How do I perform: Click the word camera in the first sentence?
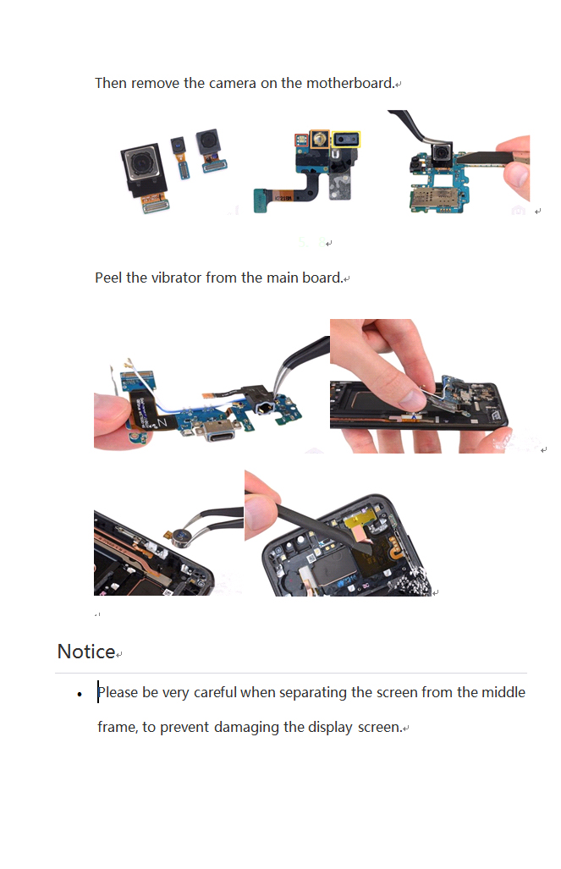tap(233, 83)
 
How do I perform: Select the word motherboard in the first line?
tap(350, 83)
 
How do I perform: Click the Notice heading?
tap(86, 652)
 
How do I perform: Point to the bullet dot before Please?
tap(80, 694)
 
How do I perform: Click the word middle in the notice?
tap(503, 692)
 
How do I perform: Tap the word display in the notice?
tap(330, 727)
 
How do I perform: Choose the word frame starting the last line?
tap(117, 727)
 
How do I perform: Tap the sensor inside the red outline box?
tap(301, 140)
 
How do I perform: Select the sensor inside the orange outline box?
tap(319, 139)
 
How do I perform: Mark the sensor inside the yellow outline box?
tap(346, 140)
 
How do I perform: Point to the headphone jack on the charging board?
tap(265, 409)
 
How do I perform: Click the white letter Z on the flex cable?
tap(162, 423)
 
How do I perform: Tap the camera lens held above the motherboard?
tap(442, 152)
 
